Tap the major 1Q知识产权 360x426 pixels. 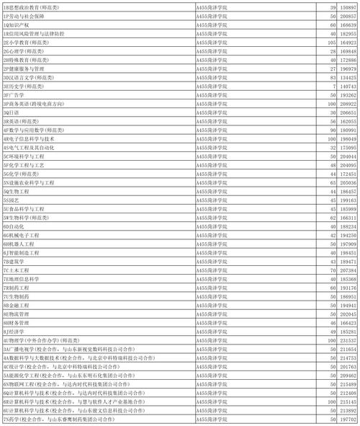click(x=18, y=24)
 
